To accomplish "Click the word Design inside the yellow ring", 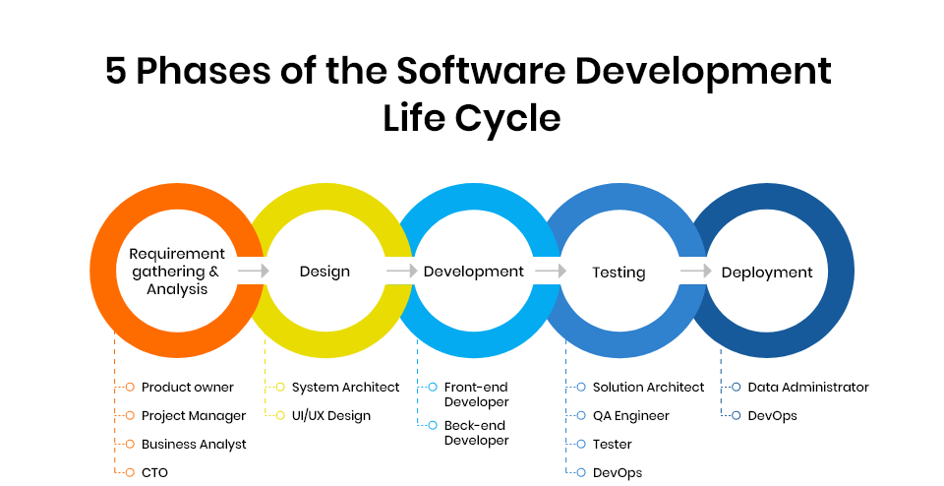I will [x=324, y=272].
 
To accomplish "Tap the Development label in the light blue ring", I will [x=474, y=272].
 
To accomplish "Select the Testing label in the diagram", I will [x=619, y=272].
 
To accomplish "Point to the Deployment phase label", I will [x=767, y=272].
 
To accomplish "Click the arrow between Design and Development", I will [x=400, y=271].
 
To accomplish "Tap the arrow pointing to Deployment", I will [x=694, y=271].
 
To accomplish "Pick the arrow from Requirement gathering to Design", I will [x=253, y=271].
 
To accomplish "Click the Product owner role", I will [x=188, y=388].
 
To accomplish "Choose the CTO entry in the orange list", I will [x=154, y=473].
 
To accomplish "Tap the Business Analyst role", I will [x=194, y=445].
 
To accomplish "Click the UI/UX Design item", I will [x=330, y=416].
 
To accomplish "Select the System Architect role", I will [x=345, y=388].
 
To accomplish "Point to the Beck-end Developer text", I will [x=476, y=433].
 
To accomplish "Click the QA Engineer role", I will [x=630, y=416].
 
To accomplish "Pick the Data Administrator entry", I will [x=808, y=388].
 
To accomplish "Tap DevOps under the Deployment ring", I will [x=772, y=416].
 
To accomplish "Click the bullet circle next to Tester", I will [x=582, y=445].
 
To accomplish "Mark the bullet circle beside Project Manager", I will [x=130, y=416].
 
